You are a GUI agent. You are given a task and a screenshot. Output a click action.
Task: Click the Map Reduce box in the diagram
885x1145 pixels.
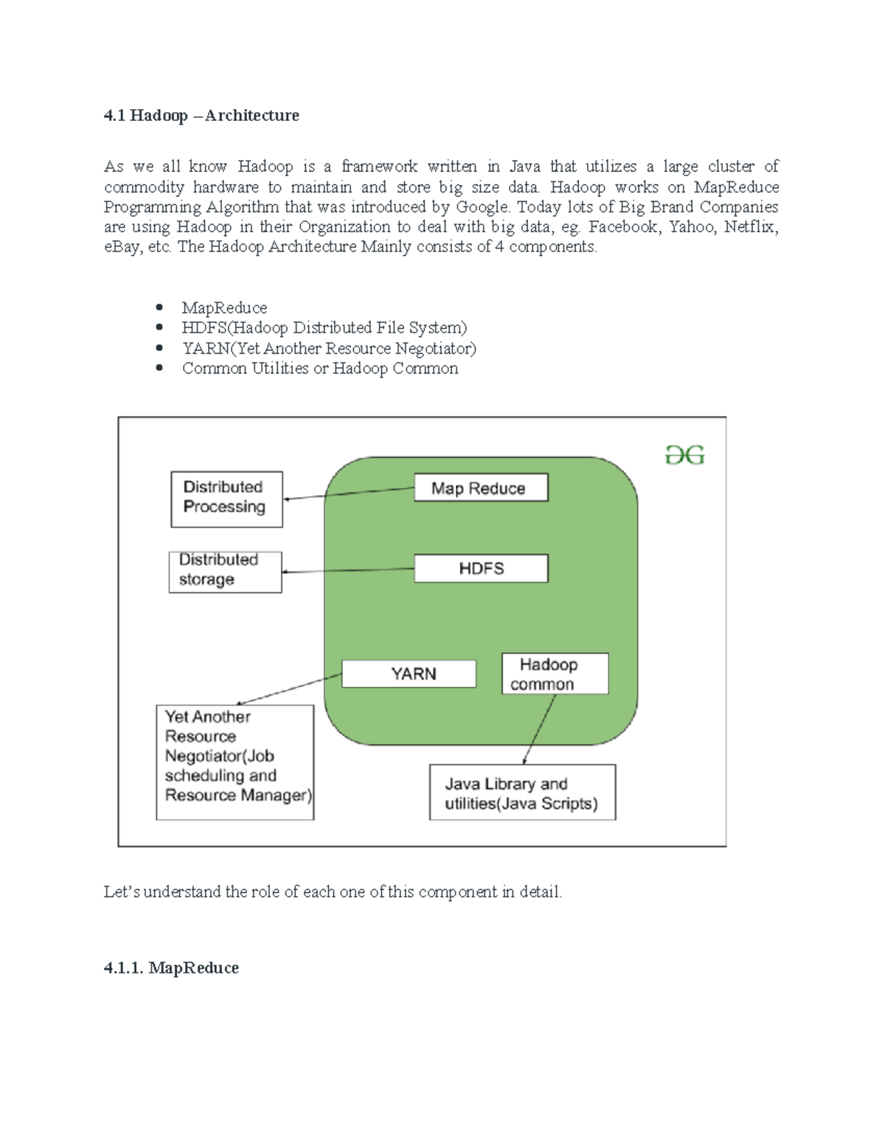[480, 488]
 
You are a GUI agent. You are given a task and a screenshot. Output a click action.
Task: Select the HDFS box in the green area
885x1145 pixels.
[481, 568]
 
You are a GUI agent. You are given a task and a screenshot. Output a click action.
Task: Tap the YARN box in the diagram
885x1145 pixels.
[409, 674]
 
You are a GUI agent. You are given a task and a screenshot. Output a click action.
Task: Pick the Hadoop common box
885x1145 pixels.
[555, 674]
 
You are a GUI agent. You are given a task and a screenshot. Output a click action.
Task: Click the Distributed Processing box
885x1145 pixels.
[226, 499]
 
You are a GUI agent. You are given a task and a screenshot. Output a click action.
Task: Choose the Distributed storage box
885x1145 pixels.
[225, 572]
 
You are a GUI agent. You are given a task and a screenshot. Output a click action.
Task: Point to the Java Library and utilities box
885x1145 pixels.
[522, 793]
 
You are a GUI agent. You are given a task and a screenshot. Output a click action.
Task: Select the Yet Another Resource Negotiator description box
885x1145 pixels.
[235, 762]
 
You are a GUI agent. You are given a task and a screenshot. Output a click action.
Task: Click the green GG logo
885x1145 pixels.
[685, 456]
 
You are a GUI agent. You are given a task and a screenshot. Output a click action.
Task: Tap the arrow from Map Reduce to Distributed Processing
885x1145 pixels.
[348, 494]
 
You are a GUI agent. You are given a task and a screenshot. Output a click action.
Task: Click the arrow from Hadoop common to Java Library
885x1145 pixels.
[539, 729]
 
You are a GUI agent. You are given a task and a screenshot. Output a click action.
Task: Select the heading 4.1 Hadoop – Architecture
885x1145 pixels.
[201, 116]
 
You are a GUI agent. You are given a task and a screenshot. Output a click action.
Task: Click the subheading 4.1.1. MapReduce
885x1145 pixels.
[171, 968]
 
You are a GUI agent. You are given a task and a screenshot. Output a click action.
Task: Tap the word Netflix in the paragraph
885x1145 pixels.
[750, 227]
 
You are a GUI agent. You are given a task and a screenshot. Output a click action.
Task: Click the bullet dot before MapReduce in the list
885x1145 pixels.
[159, 307]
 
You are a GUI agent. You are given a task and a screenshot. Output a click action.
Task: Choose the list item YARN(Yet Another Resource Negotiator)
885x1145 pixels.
[329, 348]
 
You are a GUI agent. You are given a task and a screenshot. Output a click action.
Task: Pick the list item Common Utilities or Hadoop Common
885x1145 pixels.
[320, 369]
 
